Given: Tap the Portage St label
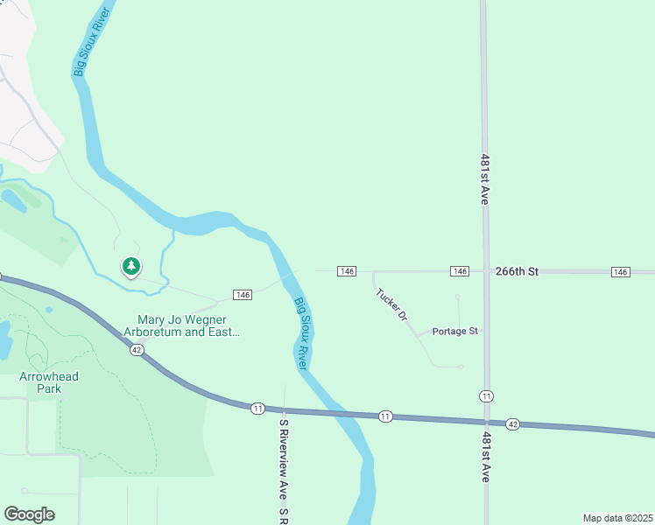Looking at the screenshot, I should pyautogui.click(x=455, y=332).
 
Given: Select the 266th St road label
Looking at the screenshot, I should pyautogui.click(x=515, y=272).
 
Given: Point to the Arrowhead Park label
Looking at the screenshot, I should pyautogui.click(x=49, y=382).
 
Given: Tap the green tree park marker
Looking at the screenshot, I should pyautogui.click(x=131, y=266).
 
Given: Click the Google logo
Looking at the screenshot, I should pyautogui.click(x=29, y=514).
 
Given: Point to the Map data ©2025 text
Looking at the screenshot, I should pyautogui.click(x=617, y=518).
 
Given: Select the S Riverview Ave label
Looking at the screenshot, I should pyautogui.click(x=284, y=471).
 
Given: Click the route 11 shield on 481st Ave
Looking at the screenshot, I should pyautogui.click(x=486, y=396).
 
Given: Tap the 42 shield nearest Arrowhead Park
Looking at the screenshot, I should pyautogui.click(x=137, y=349).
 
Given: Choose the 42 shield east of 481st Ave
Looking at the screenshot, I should pyautogui.click(x=513, y=424).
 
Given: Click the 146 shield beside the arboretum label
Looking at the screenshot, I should pyautogui.click(x=243, y=295).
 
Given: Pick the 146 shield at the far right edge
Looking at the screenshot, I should pyautogui.click(x=621, y=272).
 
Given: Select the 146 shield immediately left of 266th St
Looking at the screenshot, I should pyautogui.click(x=460, y=272).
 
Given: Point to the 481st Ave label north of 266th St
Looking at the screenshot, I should pyautogui.click(x=484, y=179).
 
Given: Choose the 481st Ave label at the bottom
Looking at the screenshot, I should pyautogui.click(x=485, y=455).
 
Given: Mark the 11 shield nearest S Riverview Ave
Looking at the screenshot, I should pyautogui.click(x=257, y=409).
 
